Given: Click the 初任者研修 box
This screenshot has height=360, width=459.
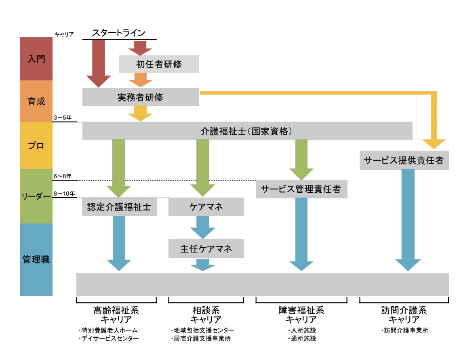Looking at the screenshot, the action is point(159,64).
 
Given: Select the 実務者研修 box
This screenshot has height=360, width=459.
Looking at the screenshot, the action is point(141,97).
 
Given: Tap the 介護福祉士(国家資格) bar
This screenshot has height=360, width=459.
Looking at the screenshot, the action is point(247,131).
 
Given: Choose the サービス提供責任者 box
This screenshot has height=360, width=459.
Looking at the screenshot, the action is point(404,160).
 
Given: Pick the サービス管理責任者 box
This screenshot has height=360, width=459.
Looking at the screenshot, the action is point(301,189).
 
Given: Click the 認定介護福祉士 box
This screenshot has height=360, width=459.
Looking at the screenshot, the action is point(119,207).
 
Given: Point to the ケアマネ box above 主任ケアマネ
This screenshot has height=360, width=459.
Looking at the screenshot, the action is point(206,207).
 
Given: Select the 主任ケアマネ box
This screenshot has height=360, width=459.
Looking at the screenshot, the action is point(206,248).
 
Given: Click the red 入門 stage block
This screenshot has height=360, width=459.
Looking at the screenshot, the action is point(36,59).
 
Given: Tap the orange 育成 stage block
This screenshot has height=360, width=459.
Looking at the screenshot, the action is point(36,101).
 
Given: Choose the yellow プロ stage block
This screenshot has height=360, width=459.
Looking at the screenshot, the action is point(36,145).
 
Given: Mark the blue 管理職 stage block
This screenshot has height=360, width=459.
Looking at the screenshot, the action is point(36,259).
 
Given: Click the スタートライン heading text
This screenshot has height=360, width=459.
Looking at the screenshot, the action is point(119,32).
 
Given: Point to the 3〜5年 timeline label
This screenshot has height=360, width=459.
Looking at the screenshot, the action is point(62,118).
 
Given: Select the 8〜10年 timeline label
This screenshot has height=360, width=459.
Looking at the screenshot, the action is point(64,194).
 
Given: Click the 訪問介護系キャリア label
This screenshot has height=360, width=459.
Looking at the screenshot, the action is point(404,315).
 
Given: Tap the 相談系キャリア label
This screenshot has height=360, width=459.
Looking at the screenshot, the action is point(206,315).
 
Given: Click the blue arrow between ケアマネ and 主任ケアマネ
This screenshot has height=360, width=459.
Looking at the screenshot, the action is point(203,227).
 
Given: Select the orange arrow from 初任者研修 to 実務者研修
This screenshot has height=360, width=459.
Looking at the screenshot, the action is point(141,80).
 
